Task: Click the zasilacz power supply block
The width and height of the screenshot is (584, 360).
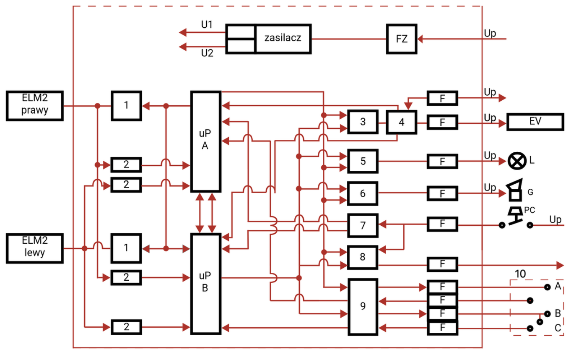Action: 283,39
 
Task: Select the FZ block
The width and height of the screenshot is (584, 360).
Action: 402,39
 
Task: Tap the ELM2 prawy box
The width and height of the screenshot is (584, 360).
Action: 35,105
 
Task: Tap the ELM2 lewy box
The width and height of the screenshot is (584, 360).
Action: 35,248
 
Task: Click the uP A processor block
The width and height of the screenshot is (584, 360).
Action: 206,141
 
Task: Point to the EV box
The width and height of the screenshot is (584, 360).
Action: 535,122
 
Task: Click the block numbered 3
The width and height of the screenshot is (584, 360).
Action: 363,122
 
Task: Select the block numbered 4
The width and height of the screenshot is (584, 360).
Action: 402,123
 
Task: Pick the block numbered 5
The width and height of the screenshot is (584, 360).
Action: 363,161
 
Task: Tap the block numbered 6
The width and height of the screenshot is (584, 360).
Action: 363,193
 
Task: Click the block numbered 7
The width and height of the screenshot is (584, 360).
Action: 363,225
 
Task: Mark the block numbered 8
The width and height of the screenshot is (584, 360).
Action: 363,257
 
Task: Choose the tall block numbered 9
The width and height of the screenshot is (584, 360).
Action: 363,306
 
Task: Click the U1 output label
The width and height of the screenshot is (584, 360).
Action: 207,25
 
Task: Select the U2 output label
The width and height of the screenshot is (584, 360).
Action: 207,53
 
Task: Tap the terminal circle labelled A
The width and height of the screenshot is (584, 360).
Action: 547,287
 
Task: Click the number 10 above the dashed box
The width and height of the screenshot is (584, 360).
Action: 520,274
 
